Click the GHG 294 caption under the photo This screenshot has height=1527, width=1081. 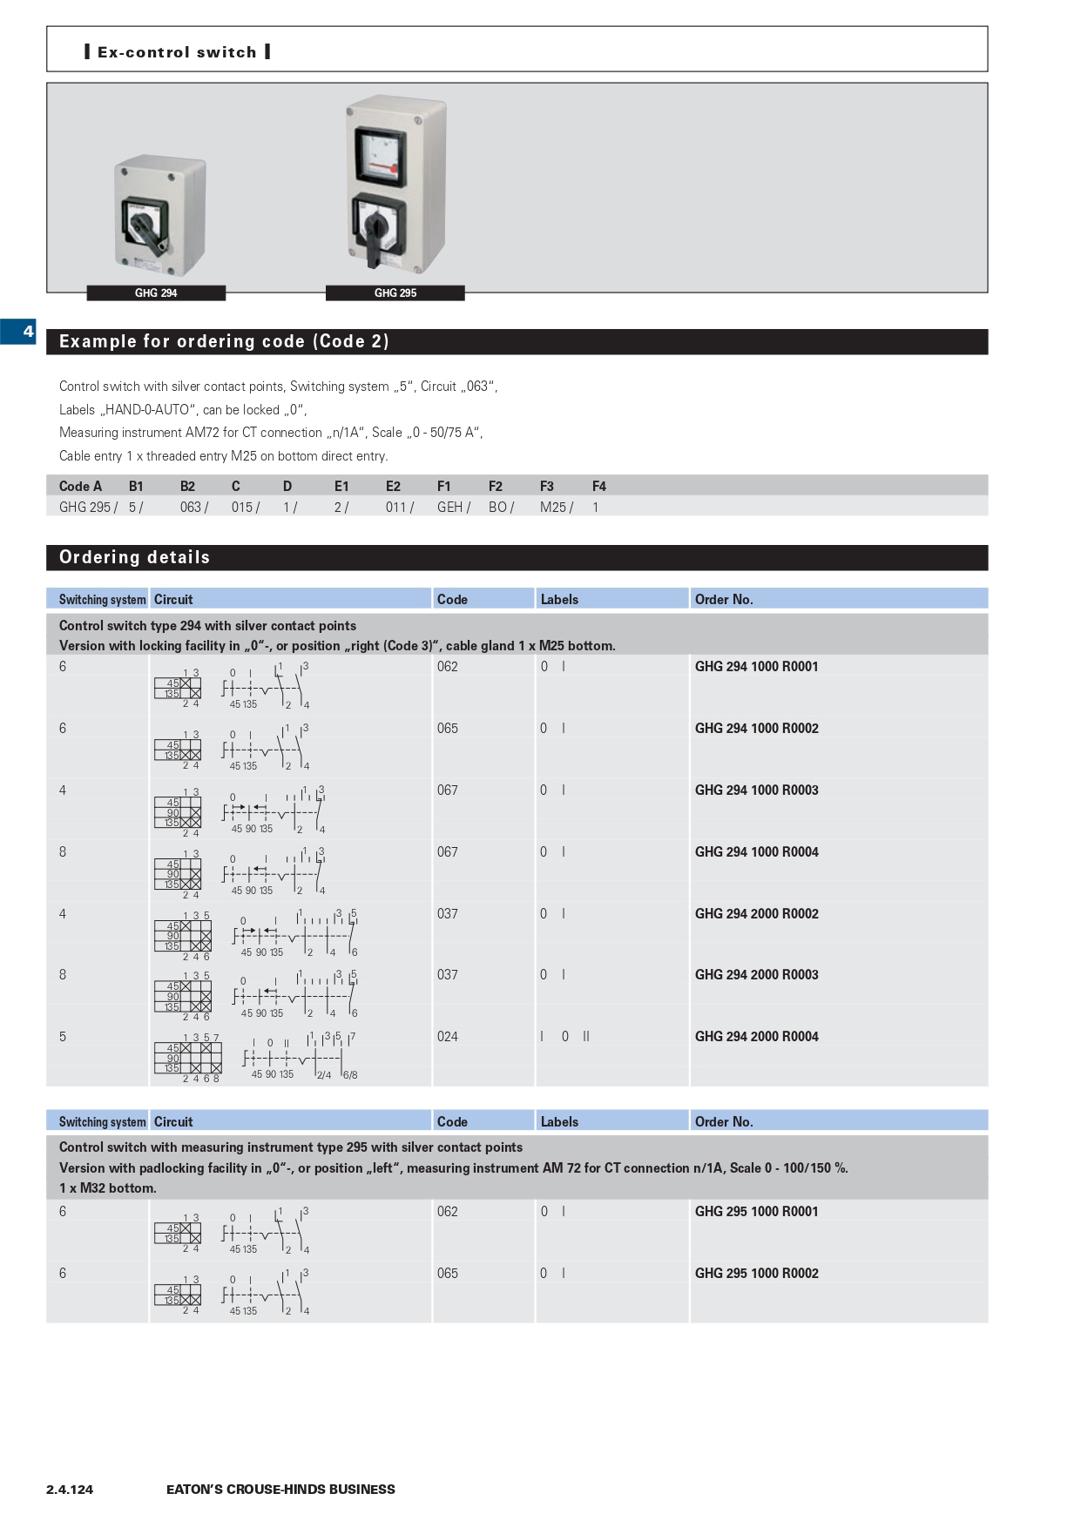pos(156,293)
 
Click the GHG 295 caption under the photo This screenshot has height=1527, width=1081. pos(395,293)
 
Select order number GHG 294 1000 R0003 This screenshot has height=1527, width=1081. pos(756,790)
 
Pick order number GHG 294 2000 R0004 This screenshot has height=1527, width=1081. pos(756,1037)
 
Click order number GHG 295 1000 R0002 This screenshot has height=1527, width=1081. pos(756,1274)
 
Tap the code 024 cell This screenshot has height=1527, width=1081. pos(448,1037)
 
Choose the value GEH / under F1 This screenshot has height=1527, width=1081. pos(453,508)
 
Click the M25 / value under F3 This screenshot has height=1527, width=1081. pos(556,508)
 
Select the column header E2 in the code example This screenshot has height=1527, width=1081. pos(393,487)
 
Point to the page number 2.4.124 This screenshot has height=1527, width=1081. pos(70,1490)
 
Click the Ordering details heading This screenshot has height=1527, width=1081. pos(134,558)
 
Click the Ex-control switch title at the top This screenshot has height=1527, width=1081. pos(177,52)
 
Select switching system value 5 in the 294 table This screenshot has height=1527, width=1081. pos(63,1037)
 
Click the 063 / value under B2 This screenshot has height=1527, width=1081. pos(193,508)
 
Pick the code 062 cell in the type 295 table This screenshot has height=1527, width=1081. pos(448,1212)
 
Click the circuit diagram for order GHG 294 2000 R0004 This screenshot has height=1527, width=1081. pos(256,1057)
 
